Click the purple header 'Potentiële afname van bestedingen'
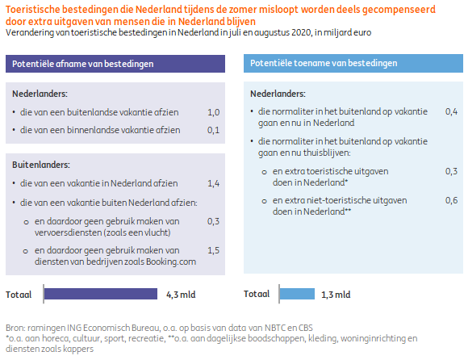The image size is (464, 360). [x=115, y=64]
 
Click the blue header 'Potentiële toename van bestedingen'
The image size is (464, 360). [x=353, y=63]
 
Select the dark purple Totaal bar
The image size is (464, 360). [x=101, y=294]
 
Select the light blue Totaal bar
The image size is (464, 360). [x=297, y=294]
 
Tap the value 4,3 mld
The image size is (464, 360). [x=181, y=295]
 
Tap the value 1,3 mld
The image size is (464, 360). [x=336, y=295]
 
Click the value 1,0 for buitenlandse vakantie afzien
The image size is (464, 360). [x=213, y=112]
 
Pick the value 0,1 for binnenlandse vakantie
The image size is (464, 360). [x=213, y=130]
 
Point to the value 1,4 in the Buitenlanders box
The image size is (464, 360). [x=213, y=183]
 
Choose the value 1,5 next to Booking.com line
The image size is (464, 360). [x=213, y=250]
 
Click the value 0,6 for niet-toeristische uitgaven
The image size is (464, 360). [x=452, y=200]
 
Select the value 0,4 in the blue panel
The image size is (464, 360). [x=452, y=111]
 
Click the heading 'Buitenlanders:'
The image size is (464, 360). [x=41, y=165]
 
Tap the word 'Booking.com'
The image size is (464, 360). [x=171, y=262]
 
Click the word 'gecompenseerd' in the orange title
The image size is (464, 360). [x=399, y=10]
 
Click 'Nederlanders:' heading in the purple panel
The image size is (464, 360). [x=40, y=94]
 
